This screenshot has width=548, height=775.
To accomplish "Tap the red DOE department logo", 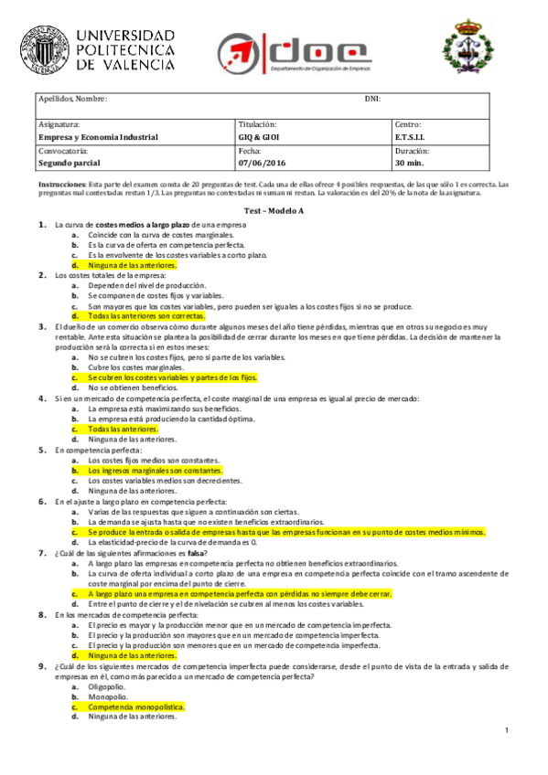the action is pos(292,52).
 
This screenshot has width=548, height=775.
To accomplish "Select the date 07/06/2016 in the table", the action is pos(263,164).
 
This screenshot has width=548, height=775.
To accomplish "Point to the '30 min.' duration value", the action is pos(410,164).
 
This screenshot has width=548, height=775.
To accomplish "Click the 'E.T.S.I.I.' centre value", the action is pos(411,137).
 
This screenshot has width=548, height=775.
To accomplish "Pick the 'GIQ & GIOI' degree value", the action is pos(259,137).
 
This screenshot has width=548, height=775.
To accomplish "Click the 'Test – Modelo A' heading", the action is pos(274,211).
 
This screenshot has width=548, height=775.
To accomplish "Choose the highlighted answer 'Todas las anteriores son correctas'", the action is pos(147,316).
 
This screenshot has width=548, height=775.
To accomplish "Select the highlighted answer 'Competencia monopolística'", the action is pos(135,707).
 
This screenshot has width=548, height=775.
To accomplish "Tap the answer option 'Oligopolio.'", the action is pos(108,686).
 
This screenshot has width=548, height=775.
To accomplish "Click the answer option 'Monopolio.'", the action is pos(107,696).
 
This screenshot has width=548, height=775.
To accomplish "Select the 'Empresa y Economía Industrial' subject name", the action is pos(98,137).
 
